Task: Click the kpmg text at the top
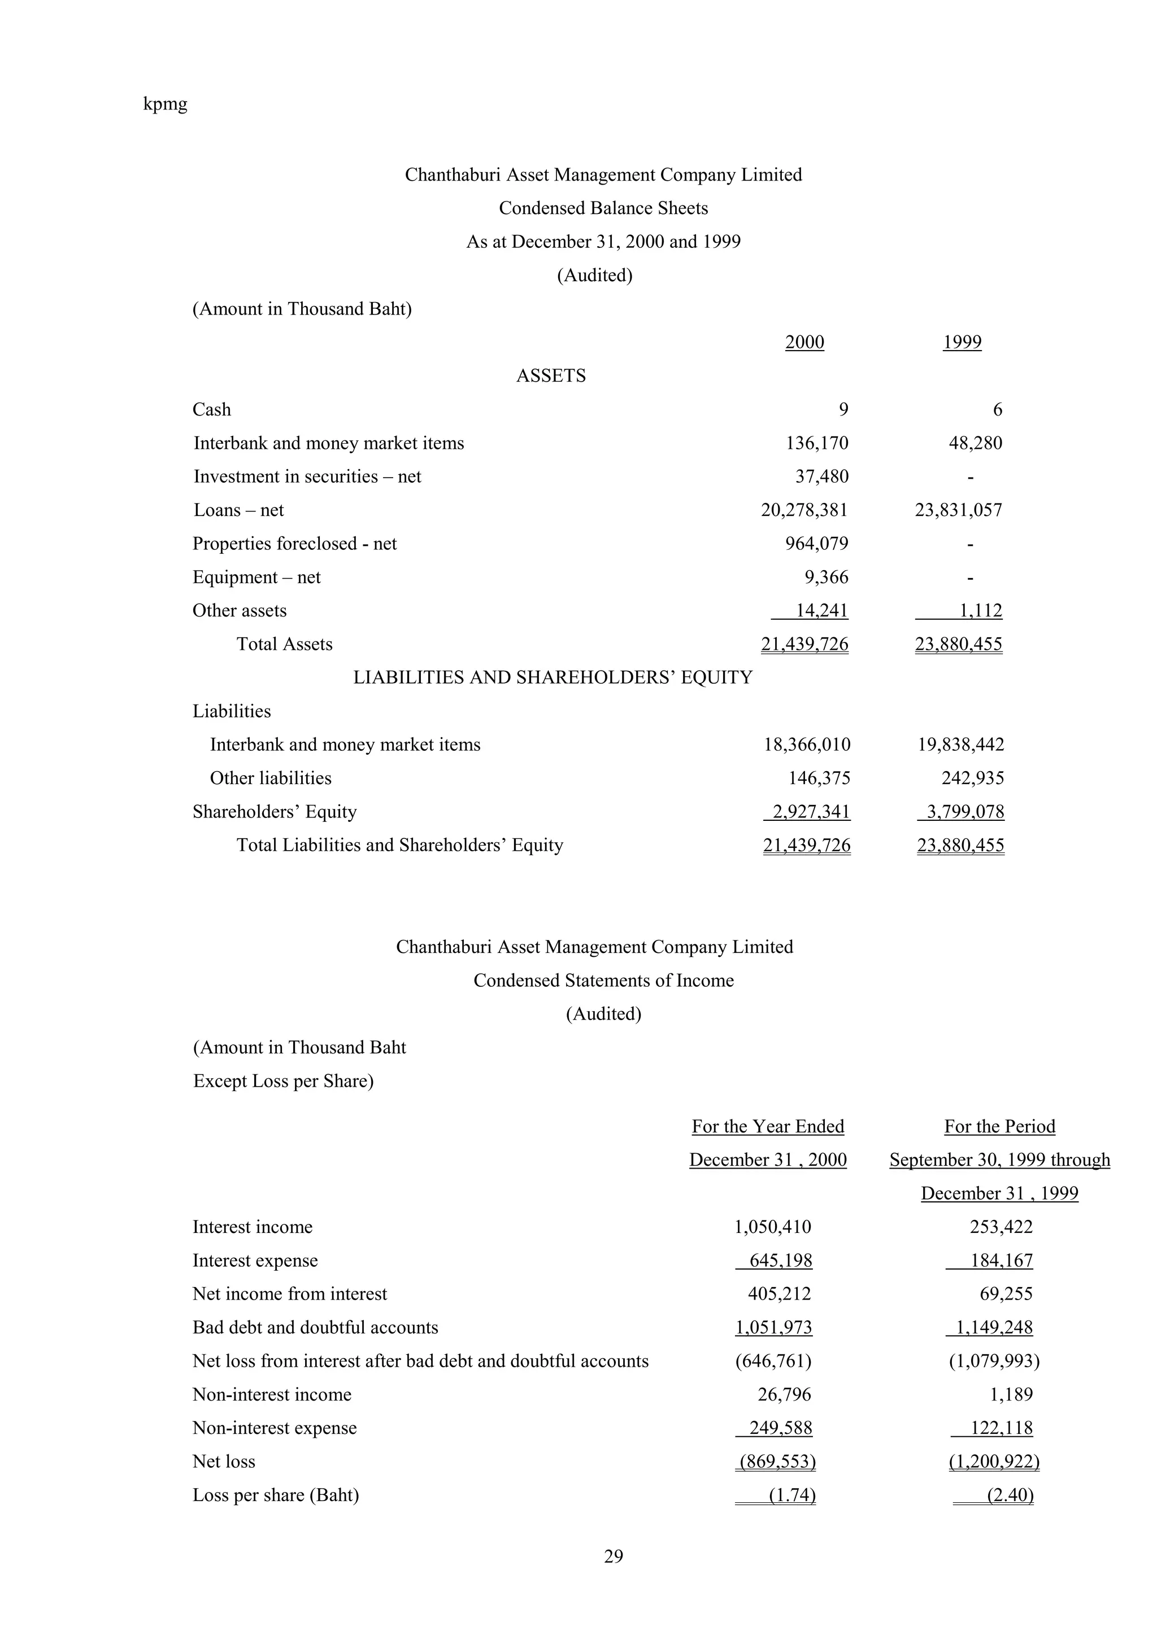166,104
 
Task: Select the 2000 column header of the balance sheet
804,342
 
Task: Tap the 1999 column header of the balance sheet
962,342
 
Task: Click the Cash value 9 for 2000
843,410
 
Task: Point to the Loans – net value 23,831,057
958,510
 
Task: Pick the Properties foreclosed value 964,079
816,544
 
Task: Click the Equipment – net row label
256,577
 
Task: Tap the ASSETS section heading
550,375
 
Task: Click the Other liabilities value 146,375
819,778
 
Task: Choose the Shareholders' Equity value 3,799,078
964,812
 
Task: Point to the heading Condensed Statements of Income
603,981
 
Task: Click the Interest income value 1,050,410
773,1227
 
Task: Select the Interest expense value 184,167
1001,1261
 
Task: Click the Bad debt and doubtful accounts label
315,1327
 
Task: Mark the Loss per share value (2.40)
1010,1495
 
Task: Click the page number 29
613,1557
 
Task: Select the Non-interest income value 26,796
784,1394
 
